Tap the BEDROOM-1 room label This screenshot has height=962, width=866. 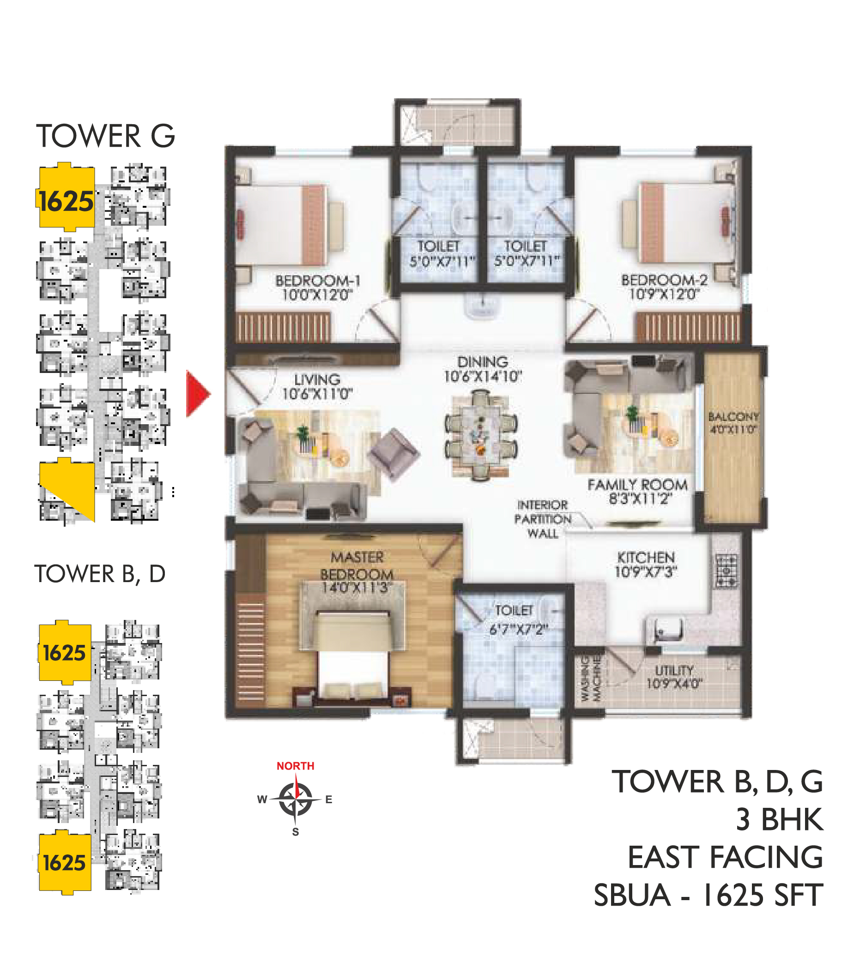click(317, 287)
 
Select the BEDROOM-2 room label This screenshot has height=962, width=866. click(664, 287)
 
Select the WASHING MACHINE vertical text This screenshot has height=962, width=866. click(591, 678)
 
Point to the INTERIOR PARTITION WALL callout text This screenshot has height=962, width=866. click(542, 519)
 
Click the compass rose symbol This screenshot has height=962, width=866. click(295, 800)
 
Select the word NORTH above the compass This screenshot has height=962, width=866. click(296, 766)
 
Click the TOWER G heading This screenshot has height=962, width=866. click(106, 136)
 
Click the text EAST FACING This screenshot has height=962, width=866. click(725, 857)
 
